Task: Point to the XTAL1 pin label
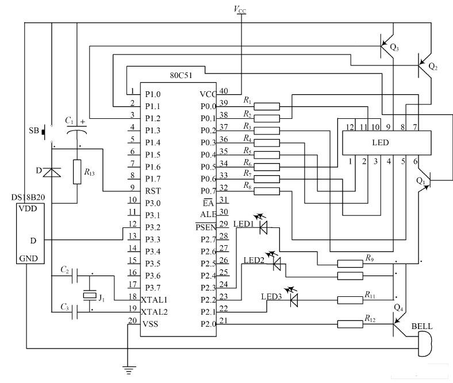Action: [x=155, y=300]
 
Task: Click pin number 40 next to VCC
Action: [x=223, y=91]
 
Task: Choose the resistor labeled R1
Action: [x=267, y=106]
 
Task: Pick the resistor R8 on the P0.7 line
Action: [x=267, y=191]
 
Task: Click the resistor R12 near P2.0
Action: [x=350, y=324]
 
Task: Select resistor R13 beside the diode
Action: [x=77, y=172]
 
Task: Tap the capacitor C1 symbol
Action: [x=77, y=130]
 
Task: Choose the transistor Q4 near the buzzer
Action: [x=398, y=325]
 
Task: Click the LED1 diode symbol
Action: [x=264, y=227]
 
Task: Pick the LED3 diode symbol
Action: [x=294, y=299]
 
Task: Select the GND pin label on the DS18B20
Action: [x=28, y=258]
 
